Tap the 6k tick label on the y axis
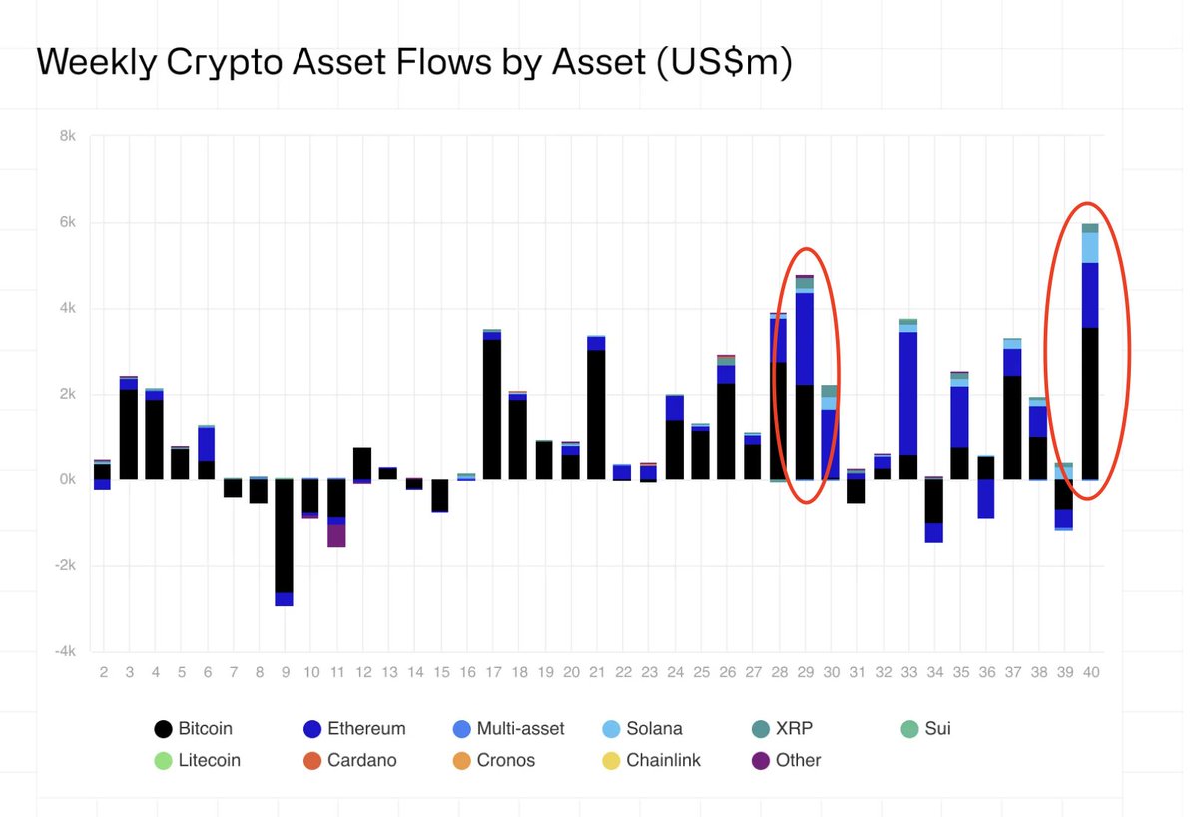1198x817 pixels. coord(66,222)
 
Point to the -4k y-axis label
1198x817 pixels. coord(64,651)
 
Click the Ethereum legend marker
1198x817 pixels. coord(309,729)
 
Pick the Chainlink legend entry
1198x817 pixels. coord(663,760)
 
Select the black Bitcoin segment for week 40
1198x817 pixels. coord(1090,404)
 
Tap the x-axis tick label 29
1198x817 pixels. coord(804,672)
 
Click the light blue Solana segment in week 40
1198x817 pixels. coord(1090,248)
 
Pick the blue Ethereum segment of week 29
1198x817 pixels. coord(804,338)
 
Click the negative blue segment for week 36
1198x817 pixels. coord(986,498)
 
